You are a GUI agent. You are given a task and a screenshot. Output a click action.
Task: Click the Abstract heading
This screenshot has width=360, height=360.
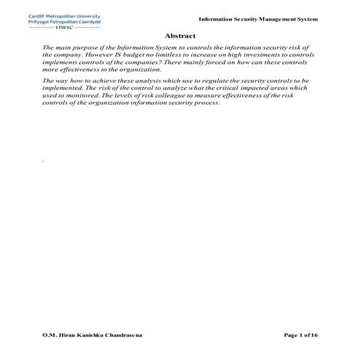tap(180, 35)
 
